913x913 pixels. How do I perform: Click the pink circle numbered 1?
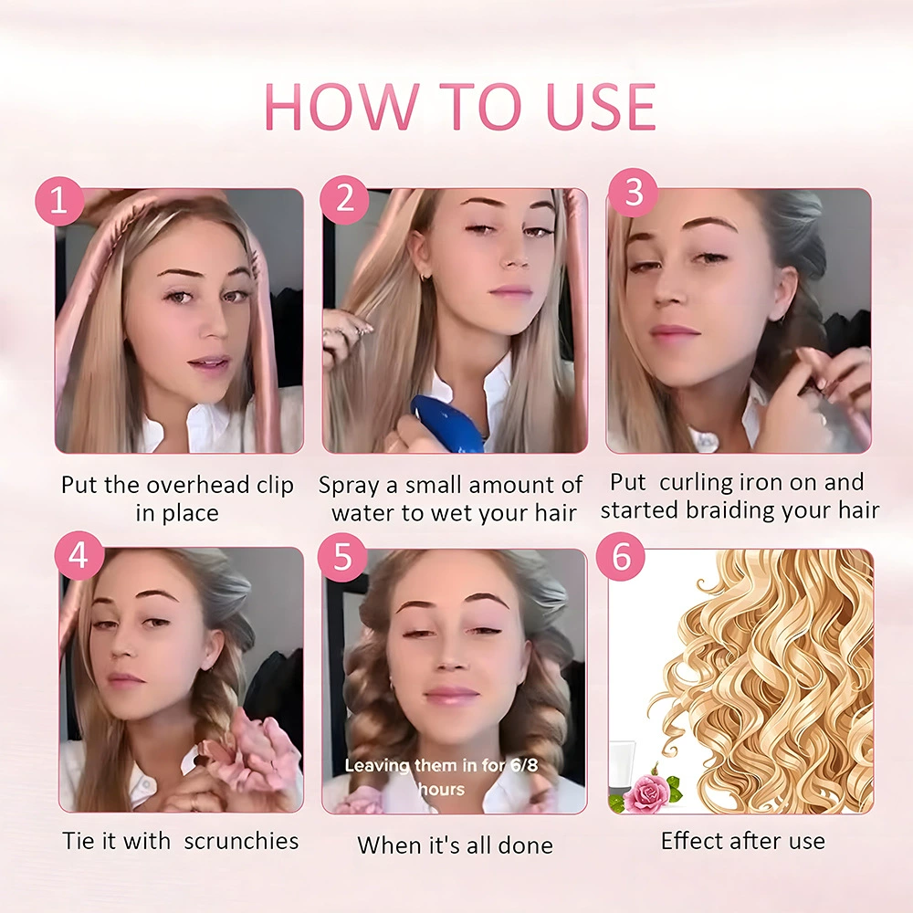[x=59, y=201]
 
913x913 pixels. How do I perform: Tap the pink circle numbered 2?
[x=344, y=200]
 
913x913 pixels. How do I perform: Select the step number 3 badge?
[x=633, y=192]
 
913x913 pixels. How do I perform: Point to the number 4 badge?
[x=79, y=555]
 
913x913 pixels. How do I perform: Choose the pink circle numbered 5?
[x=342, y=557]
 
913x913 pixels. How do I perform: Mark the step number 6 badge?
[x=621, y=557]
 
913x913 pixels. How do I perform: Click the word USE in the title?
[x=602, y=107]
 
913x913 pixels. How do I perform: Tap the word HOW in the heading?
[x=341, y=107]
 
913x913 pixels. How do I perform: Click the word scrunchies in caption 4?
[x=241, y=841]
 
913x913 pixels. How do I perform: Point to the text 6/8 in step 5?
[x=524, y=764]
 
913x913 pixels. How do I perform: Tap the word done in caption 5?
[x=527, y=845]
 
